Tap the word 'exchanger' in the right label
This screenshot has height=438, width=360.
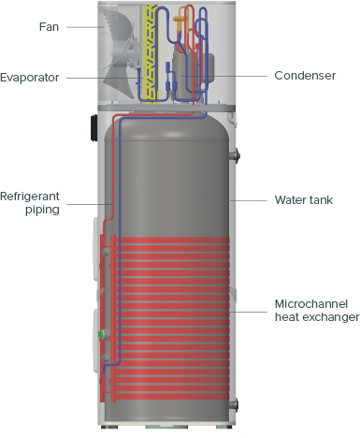pos(329,318)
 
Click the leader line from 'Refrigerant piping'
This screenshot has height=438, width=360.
pos(84,203)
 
